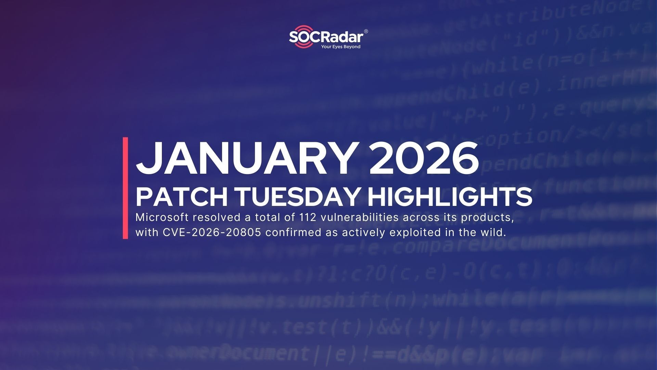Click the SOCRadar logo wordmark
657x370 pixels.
[326, 37]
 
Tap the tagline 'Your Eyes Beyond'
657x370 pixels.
[340, 47]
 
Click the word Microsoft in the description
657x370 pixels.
[160, 217]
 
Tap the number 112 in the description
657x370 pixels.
[308, 217]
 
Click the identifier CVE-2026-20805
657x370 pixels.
[212, 232]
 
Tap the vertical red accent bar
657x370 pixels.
[125, 188]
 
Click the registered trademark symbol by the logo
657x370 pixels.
[366, 32]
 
